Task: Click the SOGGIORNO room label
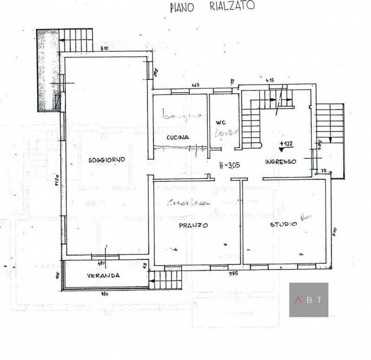click(x=107, y=160)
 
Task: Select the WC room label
click(x=220, y=122)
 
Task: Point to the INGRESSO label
click(x=281, y=161)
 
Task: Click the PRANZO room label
click(x=193, y=225)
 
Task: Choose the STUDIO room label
click(x=283, y=225)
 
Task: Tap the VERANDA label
click(x=103, y=275)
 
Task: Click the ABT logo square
click(x=308, y=300)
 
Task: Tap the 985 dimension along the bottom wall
click(x=233, y=274)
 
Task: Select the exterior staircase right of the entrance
click(x=330, y=123)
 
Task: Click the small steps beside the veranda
click(x=166, y=280)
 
